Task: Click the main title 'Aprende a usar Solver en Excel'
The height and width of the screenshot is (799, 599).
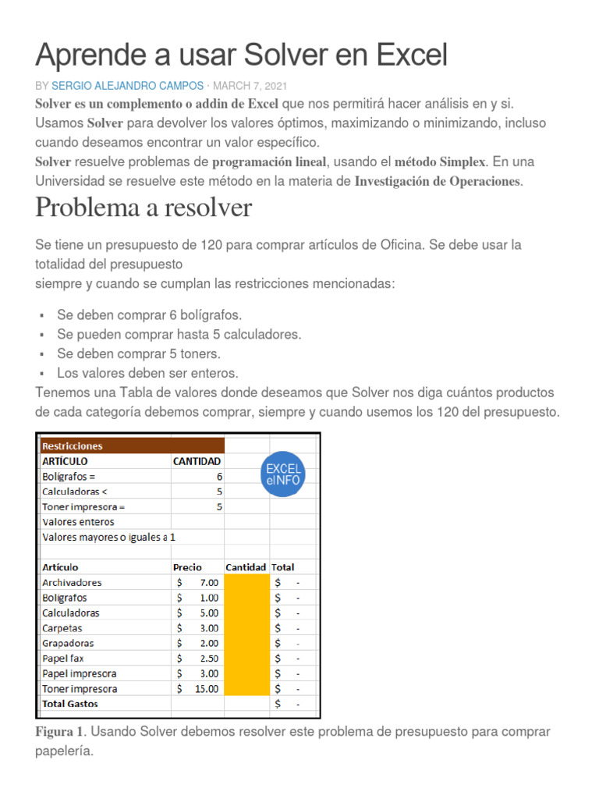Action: [x=242, y=55]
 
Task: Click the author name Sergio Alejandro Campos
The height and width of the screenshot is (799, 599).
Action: [x=127, y=85]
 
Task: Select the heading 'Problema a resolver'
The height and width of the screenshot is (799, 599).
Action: [x=144, y=208]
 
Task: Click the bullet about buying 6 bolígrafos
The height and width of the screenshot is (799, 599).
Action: [x=149, y=314]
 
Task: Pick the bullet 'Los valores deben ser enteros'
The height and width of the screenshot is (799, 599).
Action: [x=147, y=373]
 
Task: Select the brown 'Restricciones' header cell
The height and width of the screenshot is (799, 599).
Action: [x=132, y=446]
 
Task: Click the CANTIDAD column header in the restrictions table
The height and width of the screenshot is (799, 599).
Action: [x=197, y=461]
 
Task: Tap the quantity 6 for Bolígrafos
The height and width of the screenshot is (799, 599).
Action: [x=219, y=476]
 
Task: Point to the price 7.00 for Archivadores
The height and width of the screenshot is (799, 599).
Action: [x=209, y=582]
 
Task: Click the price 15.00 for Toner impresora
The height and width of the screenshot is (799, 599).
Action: [x=207, y=688]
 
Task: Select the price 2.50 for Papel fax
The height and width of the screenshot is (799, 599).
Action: [x=209, y=658]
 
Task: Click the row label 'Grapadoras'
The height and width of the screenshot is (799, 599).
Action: [x=68, y=643]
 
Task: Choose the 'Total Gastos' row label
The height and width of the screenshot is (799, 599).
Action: [x=70, y=703]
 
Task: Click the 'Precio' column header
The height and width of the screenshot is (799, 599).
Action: [x=187, y=567]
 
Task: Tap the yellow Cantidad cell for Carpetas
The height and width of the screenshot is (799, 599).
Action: [x=246, y=627]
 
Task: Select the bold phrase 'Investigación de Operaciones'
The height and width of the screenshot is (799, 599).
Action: [x=436, y=181]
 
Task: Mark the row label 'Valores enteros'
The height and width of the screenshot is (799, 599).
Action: [x=78, y=521]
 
